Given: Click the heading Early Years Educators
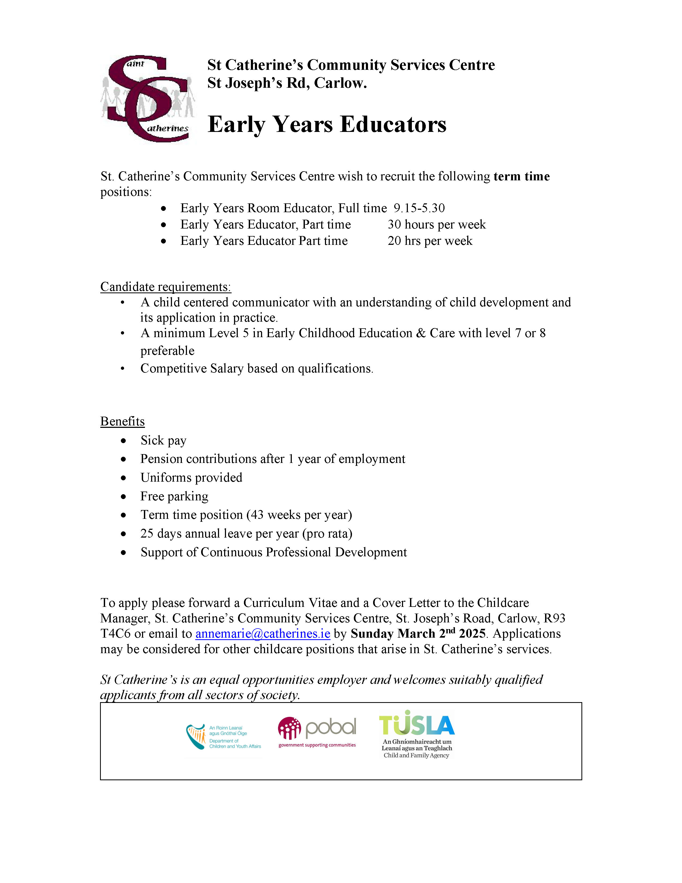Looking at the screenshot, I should click(327, 124).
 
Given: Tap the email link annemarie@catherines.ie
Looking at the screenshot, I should click(263, 634).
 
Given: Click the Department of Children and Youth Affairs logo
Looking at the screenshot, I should click(223, 737).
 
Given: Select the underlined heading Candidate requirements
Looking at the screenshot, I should click(166, 287).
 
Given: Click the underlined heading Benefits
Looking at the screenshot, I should click(122, 421).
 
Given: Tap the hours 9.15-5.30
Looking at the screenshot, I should click(419, 208).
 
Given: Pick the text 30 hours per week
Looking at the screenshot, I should click(436, 224).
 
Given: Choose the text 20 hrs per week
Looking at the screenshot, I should click(430, 241).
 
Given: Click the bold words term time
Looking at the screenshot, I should click(521, 176).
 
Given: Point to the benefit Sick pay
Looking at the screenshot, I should click(163, 440).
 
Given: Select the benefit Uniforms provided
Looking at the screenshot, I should click(191, 477).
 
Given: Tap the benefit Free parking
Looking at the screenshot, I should click(174, 496).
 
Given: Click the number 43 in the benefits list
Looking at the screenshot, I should click(257, 515).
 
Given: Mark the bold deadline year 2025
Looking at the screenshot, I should click(472, 634).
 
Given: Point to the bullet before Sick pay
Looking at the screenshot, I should click(123, 441).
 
